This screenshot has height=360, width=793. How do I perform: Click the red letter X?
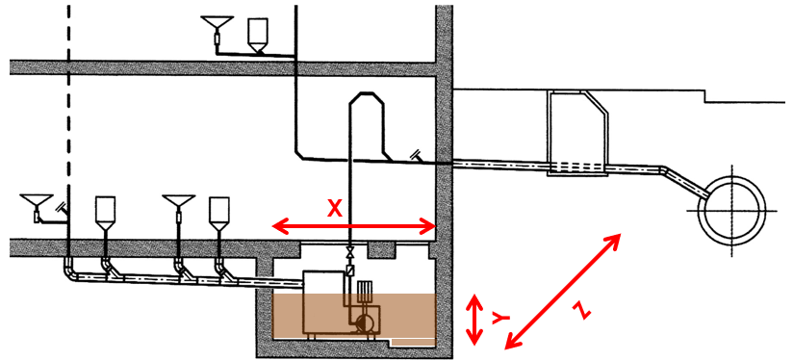click(334, 208)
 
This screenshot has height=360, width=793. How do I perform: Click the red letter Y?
click(500, 318)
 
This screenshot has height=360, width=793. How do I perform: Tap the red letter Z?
click(580, 309)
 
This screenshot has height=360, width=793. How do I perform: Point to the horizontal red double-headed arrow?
click(354, 227)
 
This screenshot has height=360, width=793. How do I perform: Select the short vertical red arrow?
click(473, 320)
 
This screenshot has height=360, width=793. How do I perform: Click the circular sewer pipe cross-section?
click(731, 211)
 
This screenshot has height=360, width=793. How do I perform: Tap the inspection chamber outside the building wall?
click(577, 134)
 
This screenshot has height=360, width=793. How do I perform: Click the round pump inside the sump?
click(364, 322)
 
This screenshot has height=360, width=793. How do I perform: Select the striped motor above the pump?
click(365, 294)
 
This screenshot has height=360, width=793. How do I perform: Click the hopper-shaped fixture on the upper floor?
click(257, 36)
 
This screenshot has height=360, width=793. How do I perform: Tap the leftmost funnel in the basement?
click(37, 207)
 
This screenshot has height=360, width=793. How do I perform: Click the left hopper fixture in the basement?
click(105, 214)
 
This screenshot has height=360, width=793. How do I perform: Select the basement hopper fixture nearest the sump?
click(219, 214)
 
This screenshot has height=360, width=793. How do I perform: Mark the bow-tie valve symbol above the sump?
click(349, 251)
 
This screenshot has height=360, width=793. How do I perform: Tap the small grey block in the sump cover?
click(382, 249)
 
